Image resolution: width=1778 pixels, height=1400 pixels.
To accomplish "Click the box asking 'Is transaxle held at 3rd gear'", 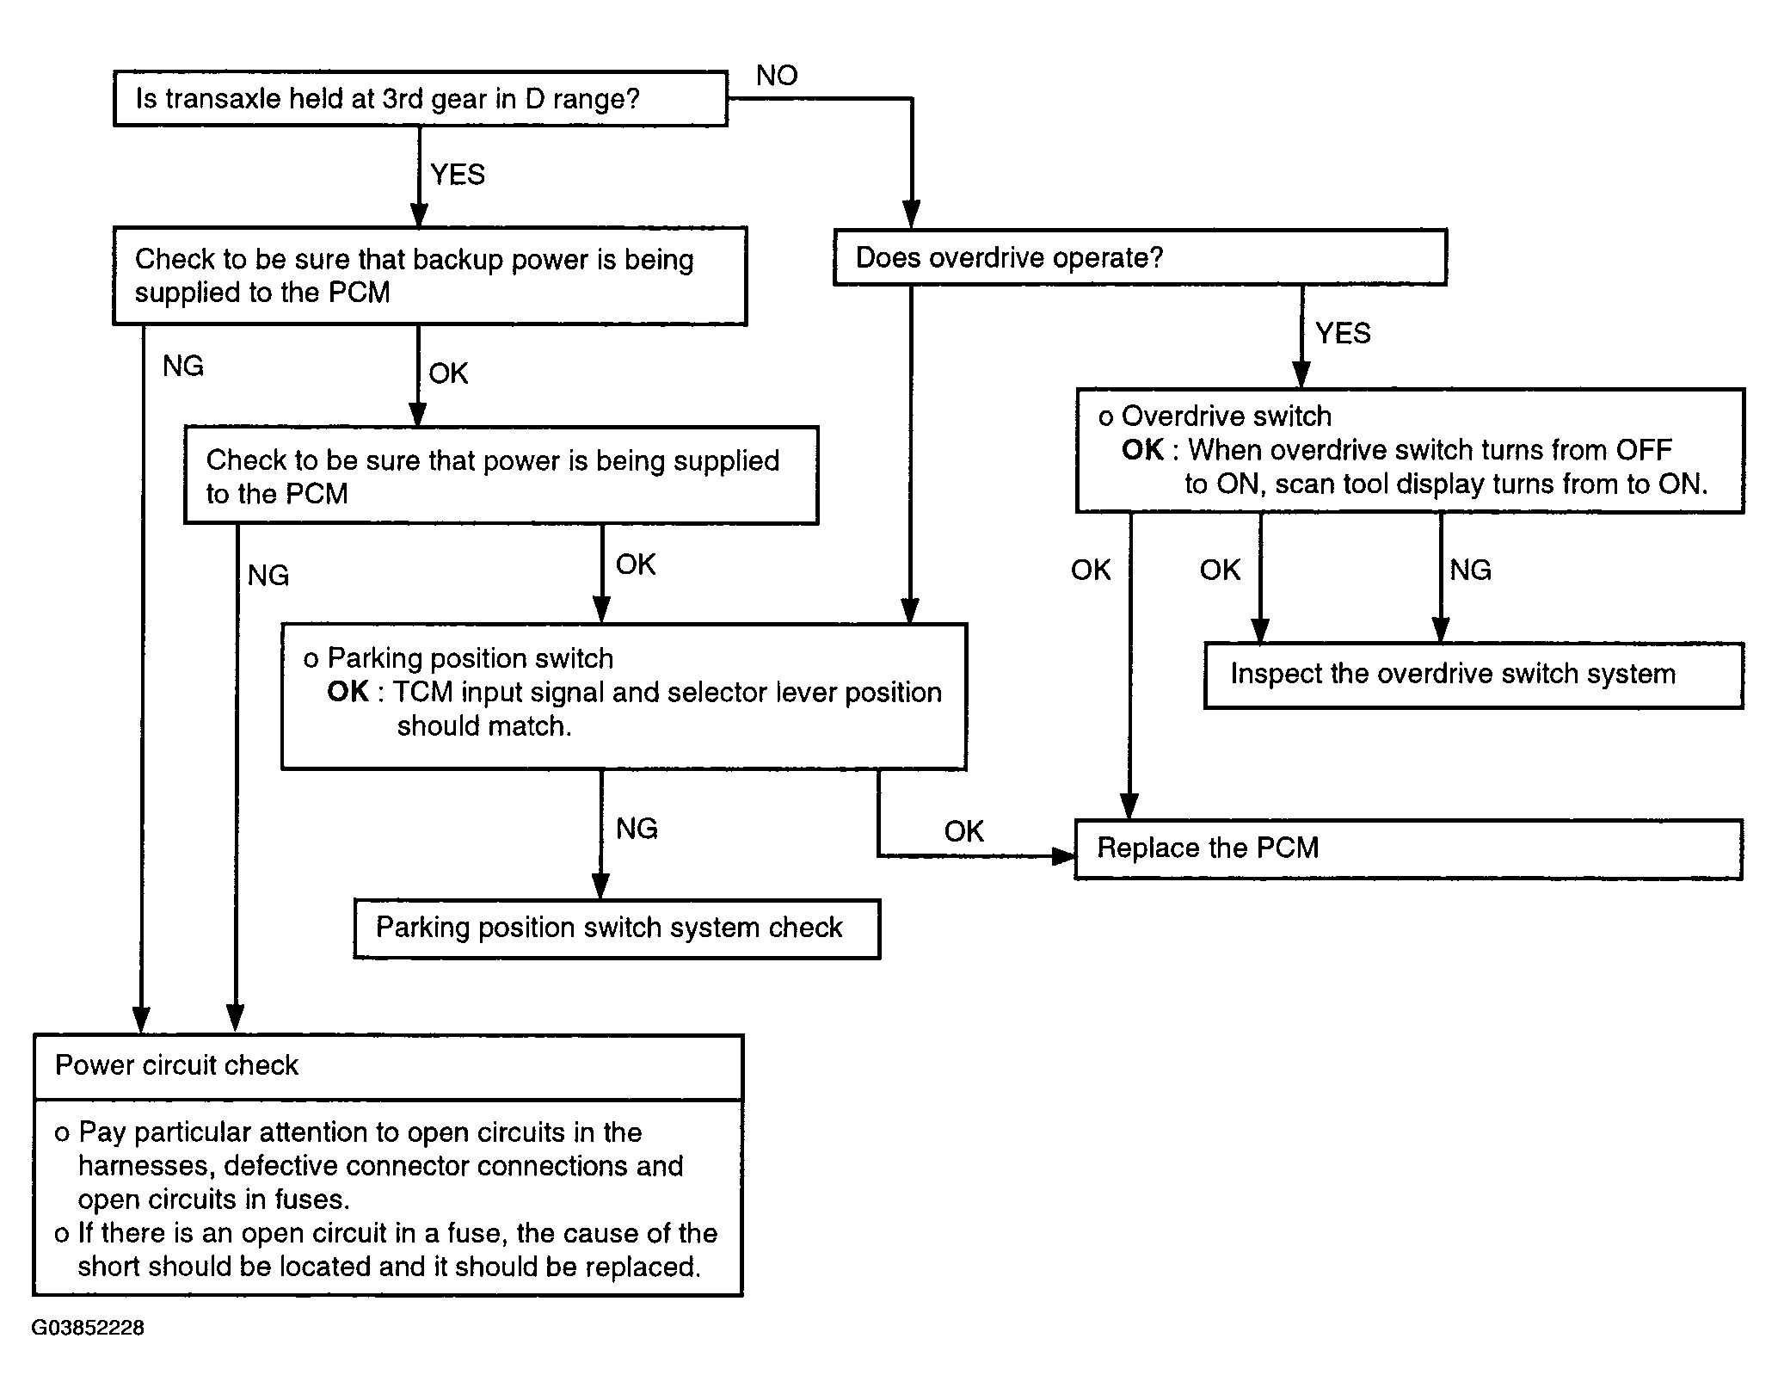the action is point(421,99).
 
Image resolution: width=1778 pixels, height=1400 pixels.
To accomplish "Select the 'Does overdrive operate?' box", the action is point(1140,256).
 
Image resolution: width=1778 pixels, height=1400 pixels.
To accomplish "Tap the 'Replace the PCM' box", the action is point(1409,848).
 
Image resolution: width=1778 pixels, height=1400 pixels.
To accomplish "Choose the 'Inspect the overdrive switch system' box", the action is point(1473,675).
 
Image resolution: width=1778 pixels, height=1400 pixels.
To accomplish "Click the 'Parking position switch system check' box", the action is point(617,928).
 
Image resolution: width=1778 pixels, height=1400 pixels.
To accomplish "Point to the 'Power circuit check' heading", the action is point(176,1065).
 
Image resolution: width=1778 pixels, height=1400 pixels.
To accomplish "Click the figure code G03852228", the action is point(88,1328).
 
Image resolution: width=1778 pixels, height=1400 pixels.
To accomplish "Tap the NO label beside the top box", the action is point(777,76).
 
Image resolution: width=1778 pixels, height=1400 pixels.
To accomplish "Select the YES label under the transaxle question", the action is point(458,175).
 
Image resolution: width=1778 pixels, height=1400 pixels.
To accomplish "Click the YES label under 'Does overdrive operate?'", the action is point(1343,333).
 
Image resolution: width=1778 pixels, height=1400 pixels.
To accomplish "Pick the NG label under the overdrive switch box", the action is point(1470,570).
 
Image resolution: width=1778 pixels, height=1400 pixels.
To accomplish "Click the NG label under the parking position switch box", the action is point(637,829).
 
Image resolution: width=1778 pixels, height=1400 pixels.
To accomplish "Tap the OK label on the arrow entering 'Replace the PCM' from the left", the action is point(963,831).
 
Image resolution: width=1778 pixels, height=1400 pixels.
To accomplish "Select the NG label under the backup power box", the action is point(183,367).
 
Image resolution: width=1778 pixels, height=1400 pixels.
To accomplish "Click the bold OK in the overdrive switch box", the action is point(1142,450).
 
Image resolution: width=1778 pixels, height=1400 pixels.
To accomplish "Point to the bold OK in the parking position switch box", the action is point(348,692).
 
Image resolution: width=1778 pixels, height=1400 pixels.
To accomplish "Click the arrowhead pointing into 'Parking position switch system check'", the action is point(601,886).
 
